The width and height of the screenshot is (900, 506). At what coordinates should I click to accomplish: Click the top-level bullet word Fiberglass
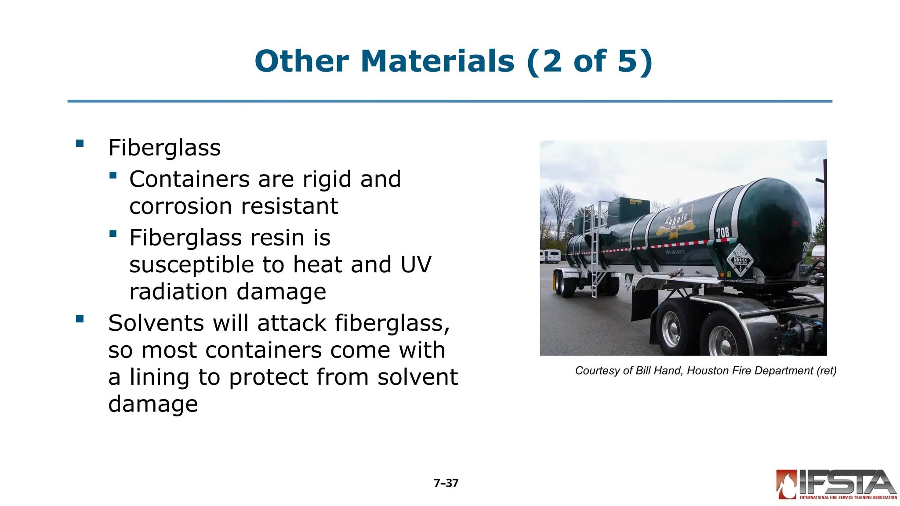pos(164,148)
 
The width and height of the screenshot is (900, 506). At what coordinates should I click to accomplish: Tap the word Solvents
pos(156,323)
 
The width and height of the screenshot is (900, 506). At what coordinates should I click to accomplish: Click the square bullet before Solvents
pos(80,319)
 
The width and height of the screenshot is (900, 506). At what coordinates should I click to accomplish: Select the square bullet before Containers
pos(113,175)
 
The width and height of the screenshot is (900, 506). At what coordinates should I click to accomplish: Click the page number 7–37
pos(446,483)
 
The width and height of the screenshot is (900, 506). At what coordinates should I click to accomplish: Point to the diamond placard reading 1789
pos(740,260)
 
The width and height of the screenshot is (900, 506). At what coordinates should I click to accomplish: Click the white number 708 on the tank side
pos(723,232)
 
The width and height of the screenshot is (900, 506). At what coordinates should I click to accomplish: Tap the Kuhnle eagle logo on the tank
pos(676,222)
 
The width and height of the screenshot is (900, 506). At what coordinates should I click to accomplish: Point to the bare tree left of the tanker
pos(559,206)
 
